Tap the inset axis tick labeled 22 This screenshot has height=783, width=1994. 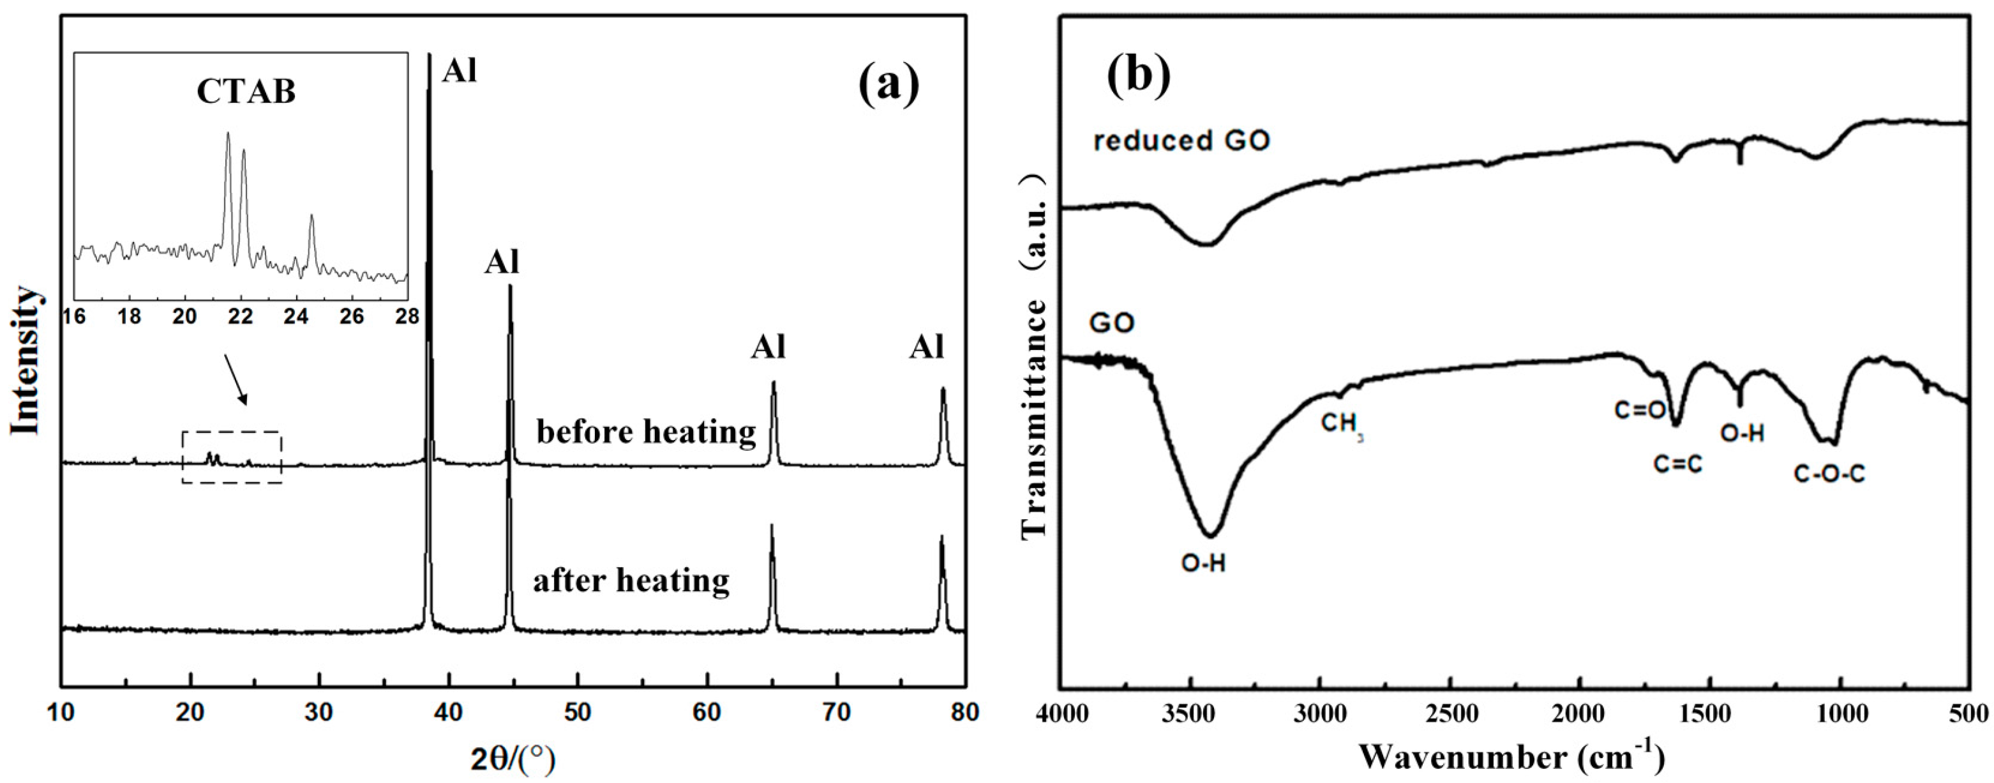tap(241, 316)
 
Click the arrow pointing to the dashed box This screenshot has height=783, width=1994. tap(236, 379)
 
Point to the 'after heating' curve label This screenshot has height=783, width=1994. tap(631, 580)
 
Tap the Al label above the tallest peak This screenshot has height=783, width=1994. tap(460, 72)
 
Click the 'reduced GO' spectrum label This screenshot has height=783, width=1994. tap(1181, 141)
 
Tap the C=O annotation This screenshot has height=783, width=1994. tap(1640, 409)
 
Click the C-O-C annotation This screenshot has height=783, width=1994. tap(1829, 473)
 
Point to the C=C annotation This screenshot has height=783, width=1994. tap(1677, 464)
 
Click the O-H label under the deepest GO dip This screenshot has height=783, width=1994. tap(1203, 562)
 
